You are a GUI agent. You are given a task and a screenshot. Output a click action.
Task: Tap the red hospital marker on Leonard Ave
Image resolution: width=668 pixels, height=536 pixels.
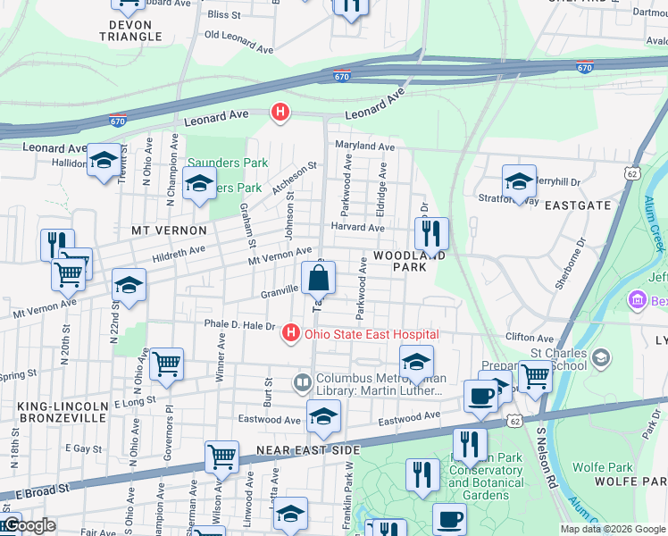[x=280, y=113]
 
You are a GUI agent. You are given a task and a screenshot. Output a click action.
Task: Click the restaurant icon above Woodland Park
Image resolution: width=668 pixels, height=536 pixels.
[x=431, y=235]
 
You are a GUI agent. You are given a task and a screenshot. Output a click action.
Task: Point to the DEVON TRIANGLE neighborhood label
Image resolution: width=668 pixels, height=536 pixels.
[x=130, y=30]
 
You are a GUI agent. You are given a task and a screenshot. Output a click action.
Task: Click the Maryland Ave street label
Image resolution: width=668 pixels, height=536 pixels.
[x=364, y=147]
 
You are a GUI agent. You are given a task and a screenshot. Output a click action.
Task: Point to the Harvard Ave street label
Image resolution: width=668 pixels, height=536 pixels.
[x=357, y=228]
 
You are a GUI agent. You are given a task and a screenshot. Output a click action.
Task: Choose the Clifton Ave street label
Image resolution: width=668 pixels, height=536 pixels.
[x=530, y=339]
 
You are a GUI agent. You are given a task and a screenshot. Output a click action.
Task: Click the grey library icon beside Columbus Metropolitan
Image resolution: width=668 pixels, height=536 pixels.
[x=303, y=383]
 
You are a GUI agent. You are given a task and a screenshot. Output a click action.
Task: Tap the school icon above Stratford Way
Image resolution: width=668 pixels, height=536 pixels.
[x=519, y=182]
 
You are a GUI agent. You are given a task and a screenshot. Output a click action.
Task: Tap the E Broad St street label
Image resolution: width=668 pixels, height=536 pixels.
[x=45, y=490]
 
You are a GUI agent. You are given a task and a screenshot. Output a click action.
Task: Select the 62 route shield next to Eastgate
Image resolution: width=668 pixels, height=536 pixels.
[x=633, y=172]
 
